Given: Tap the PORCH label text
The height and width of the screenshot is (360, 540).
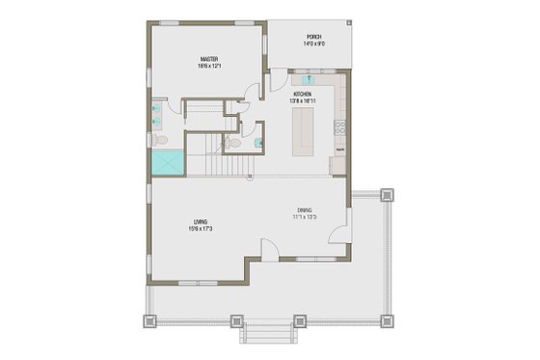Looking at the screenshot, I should pos(313,38).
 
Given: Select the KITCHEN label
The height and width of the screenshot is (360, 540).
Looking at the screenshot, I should pos(302,94).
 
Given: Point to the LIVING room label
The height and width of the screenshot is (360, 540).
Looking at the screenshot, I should pos(201,221).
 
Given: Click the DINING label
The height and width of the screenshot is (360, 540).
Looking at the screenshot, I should pos(304,210).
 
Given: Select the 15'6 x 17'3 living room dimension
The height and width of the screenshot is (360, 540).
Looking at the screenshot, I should pos(201,229).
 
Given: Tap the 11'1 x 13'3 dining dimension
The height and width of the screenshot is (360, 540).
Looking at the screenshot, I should pos(304,218).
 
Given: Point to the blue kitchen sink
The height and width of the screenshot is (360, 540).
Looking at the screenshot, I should pos(310,81).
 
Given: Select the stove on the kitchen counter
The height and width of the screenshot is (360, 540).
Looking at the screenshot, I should pos(340,126).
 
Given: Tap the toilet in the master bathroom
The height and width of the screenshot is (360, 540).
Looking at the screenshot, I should pos(157,141).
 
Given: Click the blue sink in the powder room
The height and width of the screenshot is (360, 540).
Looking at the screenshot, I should pos(257,143).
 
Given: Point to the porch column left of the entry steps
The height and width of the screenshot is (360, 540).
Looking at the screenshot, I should pos(233,318).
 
